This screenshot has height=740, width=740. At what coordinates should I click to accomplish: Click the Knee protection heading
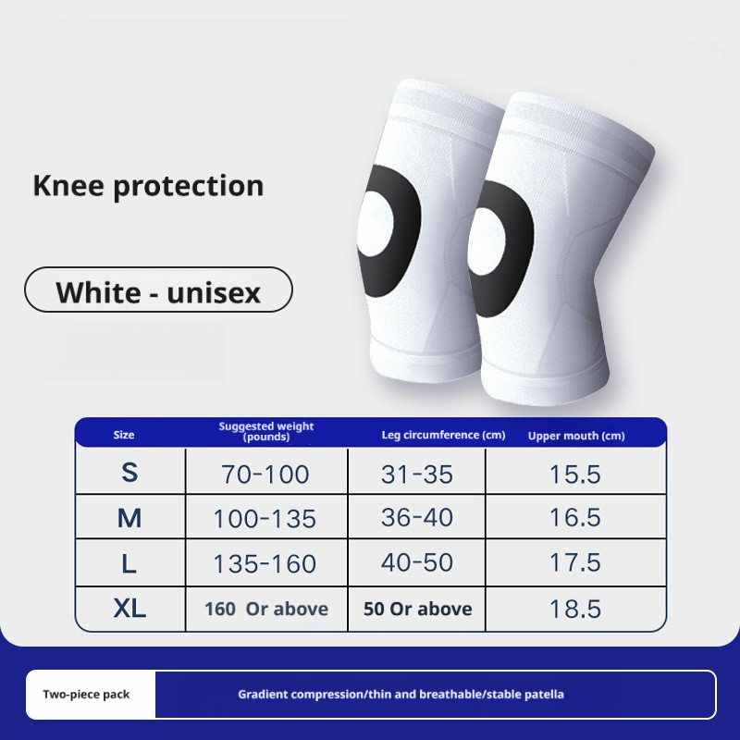(148, 186)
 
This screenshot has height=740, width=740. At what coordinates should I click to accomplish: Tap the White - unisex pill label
(158, 291)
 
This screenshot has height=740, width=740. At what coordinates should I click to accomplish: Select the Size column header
(124, 435)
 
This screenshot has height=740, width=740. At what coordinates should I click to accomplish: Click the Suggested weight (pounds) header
(266, 431)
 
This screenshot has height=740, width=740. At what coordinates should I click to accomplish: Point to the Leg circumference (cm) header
(443, 435)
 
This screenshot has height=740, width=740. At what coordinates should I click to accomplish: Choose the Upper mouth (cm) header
(576, 436)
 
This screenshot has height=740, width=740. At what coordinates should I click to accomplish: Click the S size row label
(129, 473)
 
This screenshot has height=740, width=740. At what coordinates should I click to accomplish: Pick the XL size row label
(129, 609)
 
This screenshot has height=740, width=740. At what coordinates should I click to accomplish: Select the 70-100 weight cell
(265, 475)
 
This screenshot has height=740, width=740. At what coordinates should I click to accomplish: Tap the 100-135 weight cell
(265, 519)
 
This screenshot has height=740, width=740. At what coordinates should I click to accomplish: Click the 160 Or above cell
(265, 609)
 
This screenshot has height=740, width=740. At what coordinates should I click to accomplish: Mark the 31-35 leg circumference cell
(417, 475)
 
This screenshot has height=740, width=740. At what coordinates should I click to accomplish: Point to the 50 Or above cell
(417, 609)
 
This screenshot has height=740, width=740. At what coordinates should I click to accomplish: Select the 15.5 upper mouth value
(575, 475)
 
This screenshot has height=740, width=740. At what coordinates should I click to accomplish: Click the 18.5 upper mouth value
(575, 609)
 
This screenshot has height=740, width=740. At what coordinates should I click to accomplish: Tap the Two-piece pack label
(86, 694)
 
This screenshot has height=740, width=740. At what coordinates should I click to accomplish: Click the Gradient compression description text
(401, 694)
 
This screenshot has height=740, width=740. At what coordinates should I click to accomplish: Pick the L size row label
(129, 562)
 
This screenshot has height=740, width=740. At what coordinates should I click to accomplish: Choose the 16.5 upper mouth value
(575, 519)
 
